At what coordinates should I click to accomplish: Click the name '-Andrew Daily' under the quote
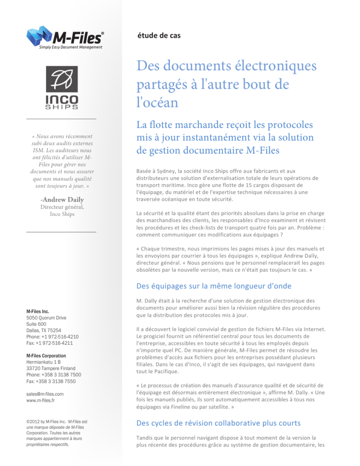(x=61, y=199)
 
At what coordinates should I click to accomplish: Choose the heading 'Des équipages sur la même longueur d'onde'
(x=214, y=286)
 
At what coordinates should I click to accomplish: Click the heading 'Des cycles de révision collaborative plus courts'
(x=218, y=423)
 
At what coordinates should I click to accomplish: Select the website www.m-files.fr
(x=41, y=400)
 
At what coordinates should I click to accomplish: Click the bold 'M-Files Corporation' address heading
(x=46, y=355)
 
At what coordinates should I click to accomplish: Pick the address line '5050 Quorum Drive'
(x=46, y=318)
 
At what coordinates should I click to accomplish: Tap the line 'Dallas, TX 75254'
(x=44, y=330)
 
